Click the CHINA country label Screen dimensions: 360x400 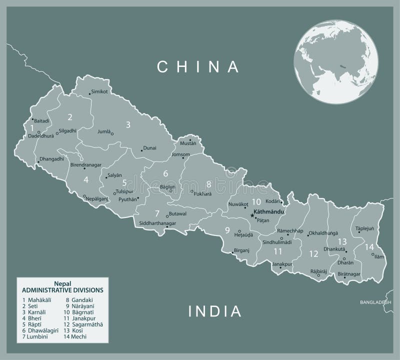pyautogui.click(x=197, y=66)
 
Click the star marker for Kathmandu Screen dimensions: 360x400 pyautogui.click(x=252, y=215)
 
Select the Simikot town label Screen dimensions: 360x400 pyautogui.click(x=99, y=92)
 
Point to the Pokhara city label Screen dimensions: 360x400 pyautogui.click(x=203, y=193)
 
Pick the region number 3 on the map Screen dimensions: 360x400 pyautogui.click(x=128, y=125)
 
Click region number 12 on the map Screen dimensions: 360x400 pyautogui.click(x=313, y=253)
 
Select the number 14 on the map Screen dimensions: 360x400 pyautogui.click(x=369, y=246)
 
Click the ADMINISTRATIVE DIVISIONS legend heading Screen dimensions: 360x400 pyautogui.click(x=62, y=289)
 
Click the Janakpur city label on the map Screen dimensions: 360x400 pyautogui.click(x=282, y=263)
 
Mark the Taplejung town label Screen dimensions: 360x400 pyautogui.click(x=365, y=228)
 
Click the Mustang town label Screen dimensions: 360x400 pyautogui.click(x=188, y=143)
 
